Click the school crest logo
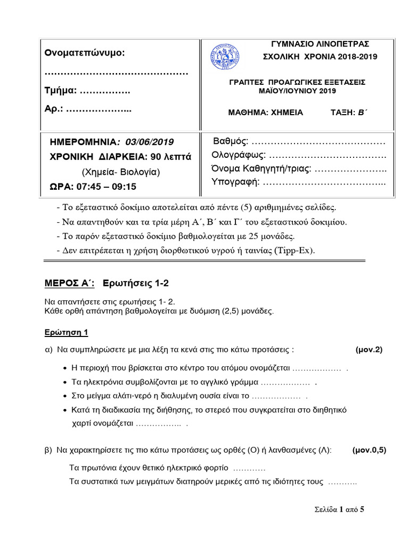click(x=225, y=56)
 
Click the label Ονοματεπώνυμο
click(x=85, y=53)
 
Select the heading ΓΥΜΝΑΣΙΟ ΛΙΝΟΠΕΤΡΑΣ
click(x=320, y=44)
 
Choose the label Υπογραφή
click(x=235, y=182)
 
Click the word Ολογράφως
click(x=239, y=155)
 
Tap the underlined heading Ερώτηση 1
click(x=66, y=332)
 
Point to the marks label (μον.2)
click(x=369, y=350)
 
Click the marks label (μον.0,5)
click(x=369, y=450)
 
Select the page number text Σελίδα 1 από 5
click(x=339, y=509)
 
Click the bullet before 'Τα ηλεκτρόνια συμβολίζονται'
click(x=65, y=382)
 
